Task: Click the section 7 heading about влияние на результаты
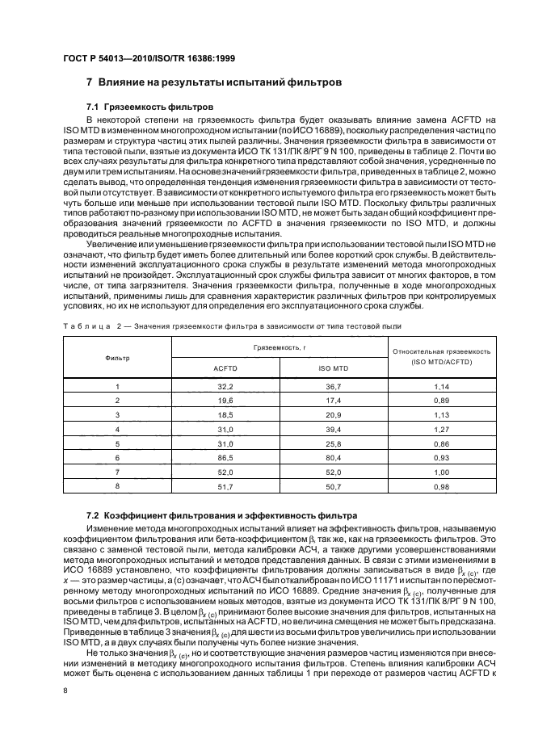click(x=214, y=82)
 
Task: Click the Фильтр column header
click(x=117, y=356)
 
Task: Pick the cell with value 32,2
click(x=224, y=387)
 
